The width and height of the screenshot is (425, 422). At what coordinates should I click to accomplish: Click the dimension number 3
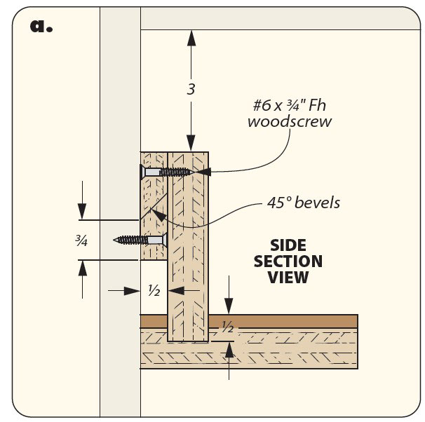coord(191,90)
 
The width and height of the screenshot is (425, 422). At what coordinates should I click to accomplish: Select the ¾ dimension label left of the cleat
coord(82,242)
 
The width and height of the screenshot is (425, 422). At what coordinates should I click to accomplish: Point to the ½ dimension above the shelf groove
coord(227,327)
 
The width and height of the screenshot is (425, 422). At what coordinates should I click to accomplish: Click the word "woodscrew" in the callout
coord(290,122)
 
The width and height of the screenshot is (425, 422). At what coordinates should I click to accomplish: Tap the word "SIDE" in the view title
coord(288,245)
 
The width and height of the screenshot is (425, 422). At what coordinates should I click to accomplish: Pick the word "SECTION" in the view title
coord(288,261)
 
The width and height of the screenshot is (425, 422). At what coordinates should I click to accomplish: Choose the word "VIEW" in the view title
coord(288,278)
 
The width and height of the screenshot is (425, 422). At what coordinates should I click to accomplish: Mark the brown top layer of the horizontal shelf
coord(281,322)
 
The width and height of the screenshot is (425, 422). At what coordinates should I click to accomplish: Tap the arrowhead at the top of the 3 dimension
coord(190,36)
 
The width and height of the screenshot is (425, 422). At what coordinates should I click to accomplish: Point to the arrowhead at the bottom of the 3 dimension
coord(190,145)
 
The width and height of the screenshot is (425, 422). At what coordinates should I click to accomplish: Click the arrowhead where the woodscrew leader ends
coord(203,172)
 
